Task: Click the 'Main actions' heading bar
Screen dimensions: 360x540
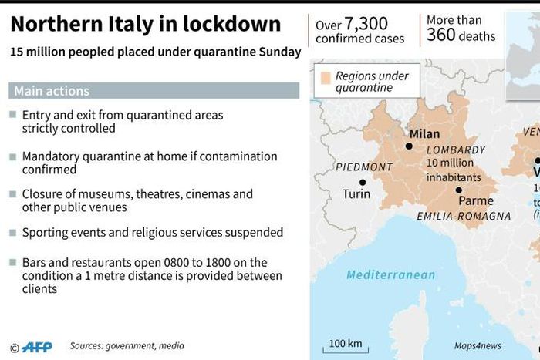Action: click(x=154, y=91)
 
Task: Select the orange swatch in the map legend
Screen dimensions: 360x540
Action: click(x=326, y=77)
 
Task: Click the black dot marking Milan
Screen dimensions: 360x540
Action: click(x=409, y=146)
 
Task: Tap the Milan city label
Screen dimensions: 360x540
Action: click(x=425, y=133)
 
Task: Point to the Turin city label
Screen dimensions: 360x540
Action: click(x=356, y=194)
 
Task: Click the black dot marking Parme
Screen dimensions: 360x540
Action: click(x=459, y=190)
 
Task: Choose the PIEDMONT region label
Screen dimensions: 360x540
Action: click(x=365, y=167)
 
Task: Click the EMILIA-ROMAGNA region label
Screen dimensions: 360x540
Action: click(x=464, y=217)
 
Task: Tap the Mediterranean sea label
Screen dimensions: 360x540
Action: click(x=390, y=275)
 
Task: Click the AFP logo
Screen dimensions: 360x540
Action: click(x=36, y=347)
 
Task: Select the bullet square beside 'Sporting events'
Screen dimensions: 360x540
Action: click(x=13, y=233)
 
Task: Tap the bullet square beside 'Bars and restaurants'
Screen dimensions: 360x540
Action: click(x=13, y=263)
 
